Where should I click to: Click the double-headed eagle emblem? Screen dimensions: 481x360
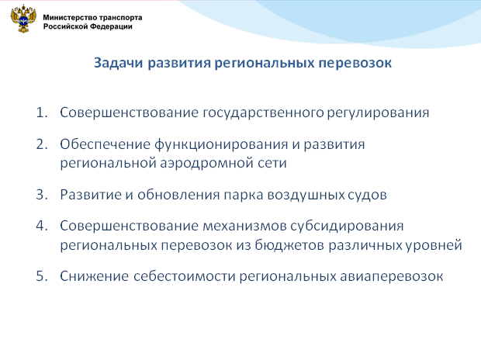click(x=23, y=19)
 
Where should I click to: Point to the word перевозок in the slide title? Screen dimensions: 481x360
click(x=355, y=64)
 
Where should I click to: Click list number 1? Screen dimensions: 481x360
click(x=42, y=112)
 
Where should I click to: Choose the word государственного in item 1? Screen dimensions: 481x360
click(x=263, y=113)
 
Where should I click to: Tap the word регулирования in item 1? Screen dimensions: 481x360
click(x=378, y=113)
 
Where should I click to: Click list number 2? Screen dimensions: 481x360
click(x=42, y=144)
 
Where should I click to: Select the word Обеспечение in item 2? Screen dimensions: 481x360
click(x=105, y=144)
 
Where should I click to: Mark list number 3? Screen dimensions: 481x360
click(x=42, y=195)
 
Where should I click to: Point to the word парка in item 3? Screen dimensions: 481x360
click(x=244, y=196)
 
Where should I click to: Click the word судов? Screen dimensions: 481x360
click(x=367, y=196)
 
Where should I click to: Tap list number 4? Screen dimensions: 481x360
click(x=42, y=227)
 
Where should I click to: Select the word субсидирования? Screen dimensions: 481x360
click(x=347, y=227)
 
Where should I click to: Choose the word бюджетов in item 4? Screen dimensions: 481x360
click(x=289, y=245)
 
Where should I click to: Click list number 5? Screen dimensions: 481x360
click(x=42, y=276)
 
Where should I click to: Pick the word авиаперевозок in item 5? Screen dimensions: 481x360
click(x=392, y=277)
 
